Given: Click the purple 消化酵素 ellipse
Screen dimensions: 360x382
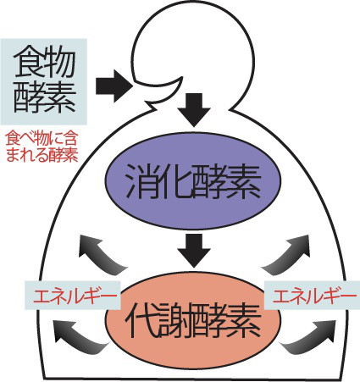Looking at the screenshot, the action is [x=193, y=184].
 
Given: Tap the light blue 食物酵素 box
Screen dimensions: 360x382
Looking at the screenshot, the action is [x=43, y=82].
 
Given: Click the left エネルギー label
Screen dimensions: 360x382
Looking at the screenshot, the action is [x=73, y=296].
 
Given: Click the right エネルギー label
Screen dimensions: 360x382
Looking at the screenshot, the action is [x=312, y=296].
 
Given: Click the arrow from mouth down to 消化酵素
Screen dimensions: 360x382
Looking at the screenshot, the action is [x=194, y=109].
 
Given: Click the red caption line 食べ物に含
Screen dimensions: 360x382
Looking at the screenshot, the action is [x=42, y=138].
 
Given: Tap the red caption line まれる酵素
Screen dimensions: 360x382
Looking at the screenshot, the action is [x=42, y=154].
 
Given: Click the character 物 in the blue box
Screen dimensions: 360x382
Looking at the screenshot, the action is [x=59, y=63].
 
